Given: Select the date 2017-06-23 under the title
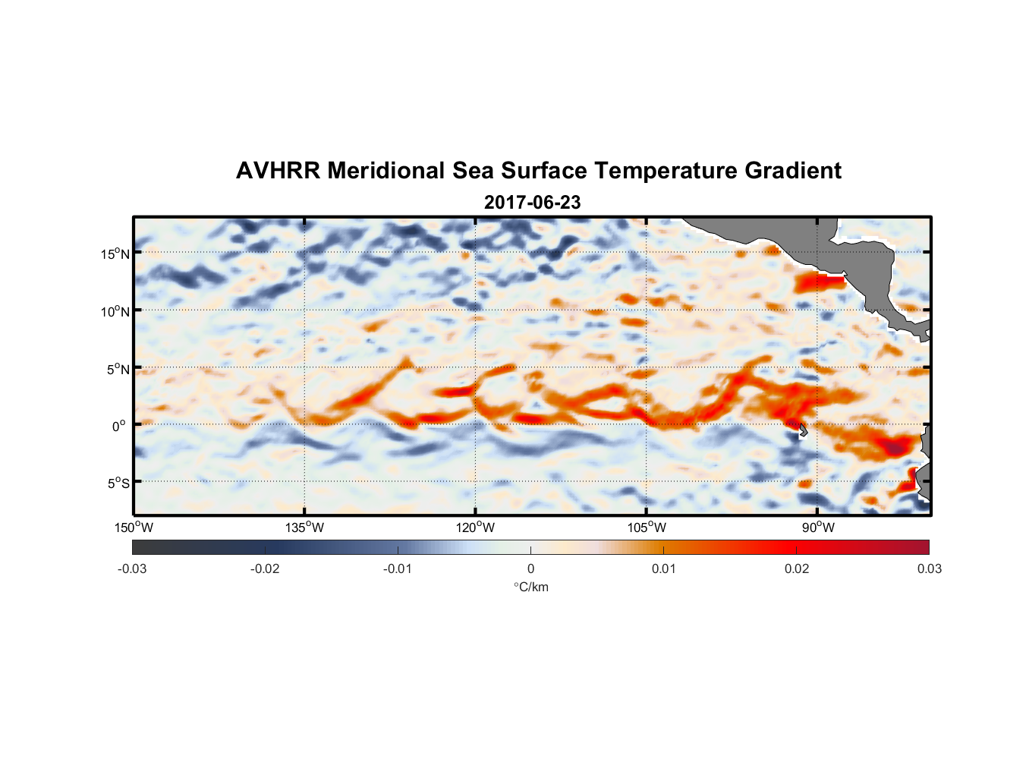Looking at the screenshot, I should tap(532, 203).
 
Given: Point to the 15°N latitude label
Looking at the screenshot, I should tap(115, 254).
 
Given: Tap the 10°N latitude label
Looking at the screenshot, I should tap(115, 311).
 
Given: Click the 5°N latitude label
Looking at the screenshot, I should tap(118, 369).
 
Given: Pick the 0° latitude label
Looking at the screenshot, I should tap(119, 426).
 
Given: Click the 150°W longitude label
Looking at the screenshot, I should tap(134, 528).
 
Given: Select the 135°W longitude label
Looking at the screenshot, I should tap(305, 528).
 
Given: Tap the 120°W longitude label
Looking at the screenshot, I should tap(476, 528).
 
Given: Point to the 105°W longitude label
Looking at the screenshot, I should tap(647, 528).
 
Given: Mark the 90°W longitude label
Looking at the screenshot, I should tap(818, 528).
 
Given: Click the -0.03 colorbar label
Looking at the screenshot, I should tap(132, 568).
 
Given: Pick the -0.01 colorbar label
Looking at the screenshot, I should tap(398, 568).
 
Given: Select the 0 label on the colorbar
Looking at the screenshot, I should tap(530, 568).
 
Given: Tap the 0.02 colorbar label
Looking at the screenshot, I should tap(797, 568).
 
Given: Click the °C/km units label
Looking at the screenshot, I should tap(530, 587).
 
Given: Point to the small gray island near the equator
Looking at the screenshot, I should tap(803, 430).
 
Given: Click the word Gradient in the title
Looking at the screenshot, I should tap(793, 171).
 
